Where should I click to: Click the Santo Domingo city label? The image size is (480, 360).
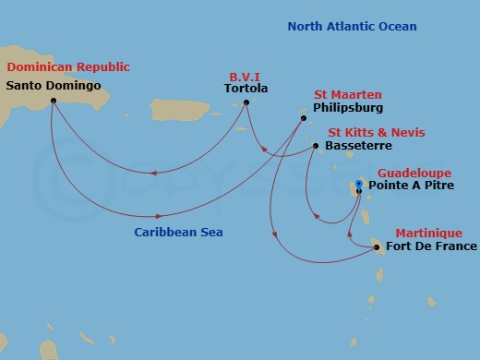coord(54,86)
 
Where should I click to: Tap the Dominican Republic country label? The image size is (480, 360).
coord(68,66)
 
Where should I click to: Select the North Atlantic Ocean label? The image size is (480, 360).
coord(352,27)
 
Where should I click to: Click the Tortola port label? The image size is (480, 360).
coord(246,89)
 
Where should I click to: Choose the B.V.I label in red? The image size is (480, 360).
coord(247,76)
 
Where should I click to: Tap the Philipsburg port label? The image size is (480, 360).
coord(346,107)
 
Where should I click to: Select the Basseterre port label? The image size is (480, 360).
coord(359,146)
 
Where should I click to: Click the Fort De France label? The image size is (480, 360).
coord(432,246)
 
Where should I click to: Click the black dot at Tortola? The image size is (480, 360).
coord(246,102)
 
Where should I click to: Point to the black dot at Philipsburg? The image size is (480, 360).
coord(304,118)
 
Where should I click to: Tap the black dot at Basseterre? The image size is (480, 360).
coord(316,146)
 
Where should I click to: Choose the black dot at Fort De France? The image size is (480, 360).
coord(377,246)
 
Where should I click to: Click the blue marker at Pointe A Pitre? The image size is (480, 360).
coord(359,183)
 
